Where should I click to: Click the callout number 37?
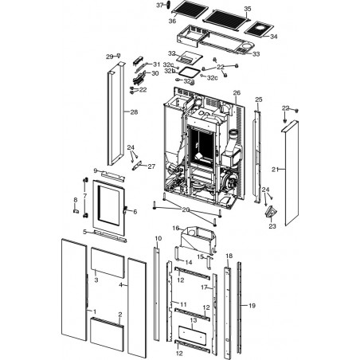[x=159, y=5]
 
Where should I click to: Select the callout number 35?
[x=248, y=9]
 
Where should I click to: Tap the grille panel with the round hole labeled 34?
[x=259, y=29]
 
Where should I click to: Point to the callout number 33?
[x=256, y=54]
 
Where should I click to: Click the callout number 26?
[x=237, y=92]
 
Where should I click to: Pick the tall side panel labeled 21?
[x=292, y=173]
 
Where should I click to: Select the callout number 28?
[x=134, y=112]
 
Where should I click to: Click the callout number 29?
[x=110, y=57]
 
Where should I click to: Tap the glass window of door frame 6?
[x=108, y=205]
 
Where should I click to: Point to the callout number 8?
[x=76, y=200]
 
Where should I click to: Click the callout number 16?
[x=176, y=228]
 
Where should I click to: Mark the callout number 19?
[x=252, y=306]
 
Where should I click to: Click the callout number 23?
[x=272, y=226]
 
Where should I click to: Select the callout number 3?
[x=96, y=280]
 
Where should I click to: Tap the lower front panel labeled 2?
[x=107, y=335]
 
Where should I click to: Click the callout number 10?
[x=158, y=238]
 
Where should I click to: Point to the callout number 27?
[x=151, y=166]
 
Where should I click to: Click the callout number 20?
[x=186, y=209]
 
